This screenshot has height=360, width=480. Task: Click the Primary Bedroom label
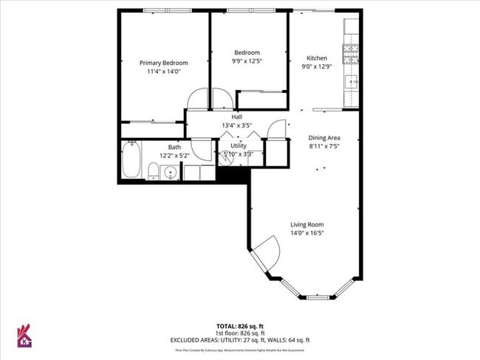pyautogui.click(x=164, y=63)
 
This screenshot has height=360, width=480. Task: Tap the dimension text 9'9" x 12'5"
pyautogui.click(x=247, y=61)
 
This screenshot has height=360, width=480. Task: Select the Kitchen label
pyautogui.click(x=317, y=58)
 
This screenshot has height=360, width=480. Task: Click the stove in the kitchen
pyautogui.click(x=350, y=52)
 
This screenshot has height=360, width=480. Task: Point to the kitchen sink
pyautogui.click(x=352, y=81)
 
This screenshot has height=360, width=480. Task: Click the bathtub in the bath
pyautogui.click(x=131, y=161)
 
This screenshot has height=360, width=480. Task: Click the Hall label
pyautogui.click(x=237, y=117)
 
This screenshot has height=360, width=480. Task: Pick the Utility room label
pyautogui.click(x=238, y=145)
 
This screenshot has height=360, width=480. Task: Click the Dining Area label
pyautogui.click(x=323, y=137)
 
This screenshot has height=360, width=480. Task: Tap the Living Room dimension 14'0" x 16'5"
pyautogui.click(x=306, y=233)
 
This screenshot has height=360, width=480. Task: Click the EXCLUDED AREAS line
pyautogui.click(x=239, y=339)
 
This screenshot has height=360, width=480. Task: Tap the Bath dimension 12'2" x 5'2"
pyautogui.click(x=174, y=156)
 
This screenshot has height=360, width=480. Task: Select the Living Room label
pyautogui.click(x=306, y=224)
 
